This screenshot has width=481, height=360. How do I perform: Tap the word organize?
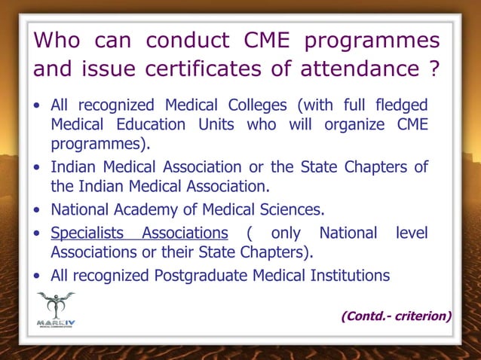coord(355,124)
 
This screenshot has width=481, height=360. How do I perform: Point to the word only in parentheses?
coord(286,233)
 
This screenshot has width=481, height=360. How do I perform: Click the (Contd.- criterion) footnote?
coord(396,316)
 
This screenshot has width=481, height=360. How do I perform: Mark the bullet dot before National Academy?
coord(38,209)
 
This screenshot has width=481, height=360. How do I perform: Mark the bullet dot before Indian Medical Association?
coord(38,167)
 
